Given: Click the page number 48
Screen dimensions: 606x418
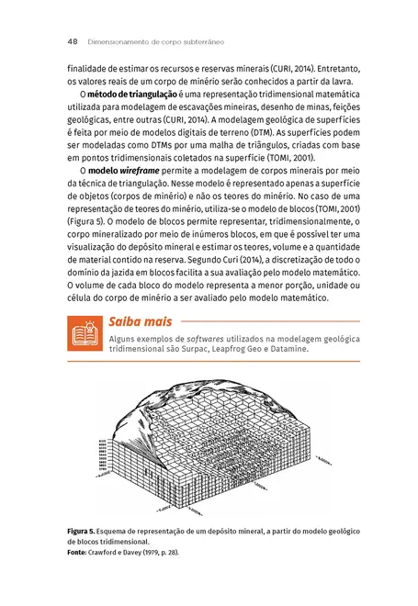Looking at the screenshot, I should [x=72, y=41].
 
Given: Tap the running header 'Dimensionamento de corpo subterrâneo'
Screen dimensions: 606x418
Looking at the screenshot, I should [x=156, y=41].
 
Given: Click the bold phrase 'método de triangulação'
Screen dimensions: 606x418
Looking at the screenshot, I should [x=126, y=95].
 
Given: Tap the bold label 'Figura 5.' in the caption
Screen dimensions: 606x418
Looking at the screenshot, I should [x=86, y=533].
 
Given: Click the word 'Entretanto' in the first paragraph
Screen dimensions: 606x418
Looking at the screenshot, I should [x=328, y=69].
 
